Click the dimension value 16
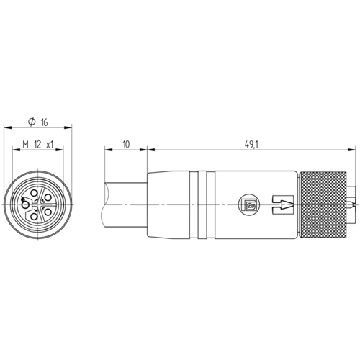tap(44, 122)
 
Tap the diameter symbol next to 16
tap(32, 122)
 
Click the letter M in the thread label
tap(25, 145)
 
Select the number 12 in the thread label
tap(37, 145)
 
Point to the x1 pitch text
tap(50, 145)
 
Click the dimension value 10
tap(126, 145)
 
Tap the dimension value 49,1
tap(251, 145)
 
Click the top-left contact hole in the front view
tap(35, 193)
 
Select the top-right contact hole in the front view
tap(48, 197)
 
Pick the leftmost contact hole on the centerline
tap(25, 205)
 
